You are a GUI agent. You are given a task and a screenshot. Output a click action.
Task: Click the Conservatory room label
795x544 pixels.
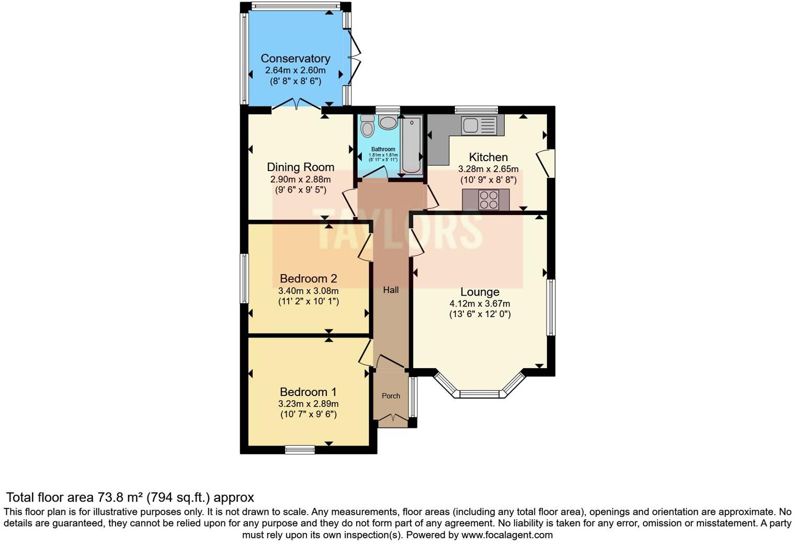(x=296, y=59)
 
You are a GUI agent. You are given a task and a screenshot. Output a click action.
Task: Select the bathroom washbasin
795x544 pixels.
(x=388, y=122)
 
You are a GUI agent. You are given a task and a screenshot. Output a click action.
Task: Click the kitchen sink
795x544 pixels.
(x=479, y=125)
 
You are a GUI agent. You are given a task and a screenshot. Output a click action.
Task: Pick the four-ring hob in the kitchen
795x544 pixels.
(x=489, y=200)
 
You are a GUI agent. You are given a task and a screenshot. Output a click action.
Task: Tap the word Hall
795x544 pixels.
(x=391, y=290)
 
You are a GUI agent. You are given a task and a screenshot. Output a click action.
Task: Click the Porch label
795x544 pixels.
(x=391, y=395)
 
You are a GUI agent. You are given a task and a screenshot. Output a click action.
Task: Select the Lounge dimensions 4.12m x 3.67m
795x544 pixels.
(x=480, y=303)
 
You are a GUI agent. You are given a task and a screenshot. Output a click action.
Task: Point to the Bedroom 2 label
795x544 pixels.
(x=309, y=279)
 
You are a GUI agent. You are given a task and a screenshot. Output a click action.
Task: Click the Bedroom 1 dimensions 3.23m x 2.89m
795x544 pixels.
(x=309, y=403)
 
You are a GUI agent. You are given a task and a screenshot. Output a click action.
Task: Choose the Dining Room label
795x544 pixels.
(x=301, y=167)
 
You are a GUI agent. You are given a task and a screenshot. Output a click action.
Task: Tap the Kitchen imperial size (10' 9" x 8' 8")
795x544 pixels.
(x=489, y=180)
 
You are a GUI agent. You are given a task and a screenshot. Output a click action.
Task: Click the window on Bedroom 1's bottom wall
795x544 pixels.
(x=300, y=450)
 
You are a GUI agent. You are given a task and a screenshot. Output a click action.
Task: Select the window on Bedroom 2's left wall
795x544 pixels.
(x=244, y=278)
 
